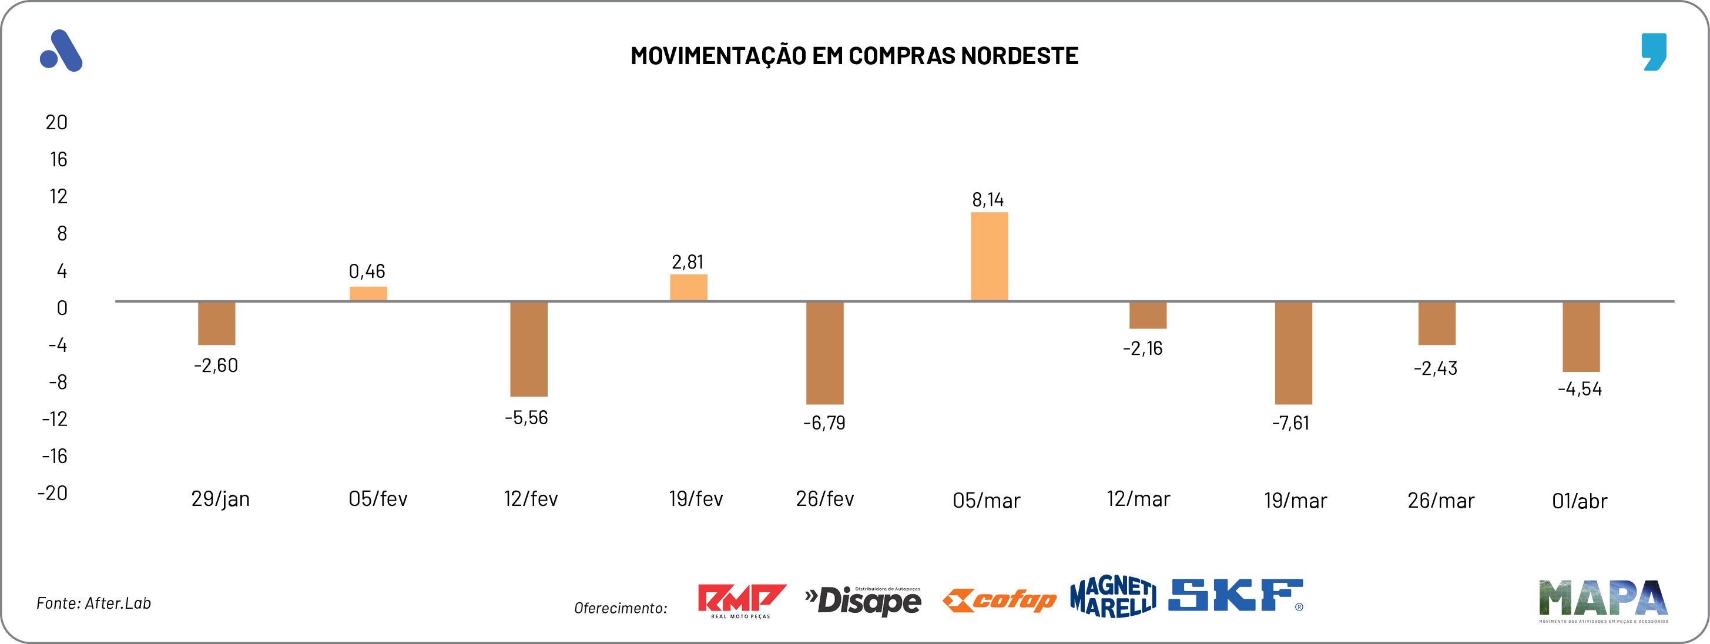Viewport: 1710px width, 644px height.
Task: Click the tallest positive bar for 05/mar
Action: pyautogui.click(x=989, y=256)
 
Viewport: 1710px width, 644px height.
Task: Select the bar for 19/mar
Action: pyautogui.click(x=1293, y=353)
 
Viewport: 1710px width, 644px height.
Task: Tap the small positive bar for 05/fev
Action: pyautogui.click(x=368, y=293)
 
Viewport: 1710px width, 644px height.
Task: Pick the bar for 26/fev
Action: pyautogui.click(x=824, y=353)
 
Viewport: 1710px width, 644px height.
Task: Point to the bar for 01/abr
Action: pyautogui.click(x=1581, y=337)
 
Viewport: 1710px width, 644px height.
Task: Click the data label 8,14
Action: pyautogui.click(x=988, y=200)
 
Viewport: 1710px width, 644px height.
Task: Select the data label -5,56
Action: pyautogui.click(x=527, y=418)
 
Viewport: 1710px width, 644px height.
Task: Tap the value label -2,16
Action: pyautogui.click(x=1142, y=348)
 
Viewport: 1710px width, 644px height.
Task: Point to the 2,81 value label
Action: pyautogui.click(x=687, y=262)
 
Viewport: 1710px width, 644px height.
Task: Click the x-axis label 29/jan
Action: pyautogui.click(x=220, y=499)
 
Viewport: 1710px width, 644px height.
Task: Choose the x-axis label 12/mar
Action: pyautogui.click(x=1138, y=499)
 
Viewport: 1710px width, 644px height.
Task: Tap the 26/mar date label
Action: pyautogui.click(x=1440, y=501)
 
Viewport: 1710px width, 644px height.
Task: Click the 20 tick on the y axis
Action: pyautogui.click(x=56, y=122)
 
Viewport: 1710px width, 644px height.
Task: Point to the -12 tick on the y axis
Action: pyautogui.click(x=55, y=419)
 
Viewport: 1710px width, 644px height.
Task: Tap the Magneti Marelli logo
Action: pyautogui.click(x=1112, y=596)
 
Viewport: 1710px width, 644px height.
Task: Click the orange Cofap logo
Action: pyautogui.click(x=999, y=600)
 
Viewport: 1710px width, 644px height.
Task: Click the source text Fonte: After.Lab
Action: pyautogui.click(x=93, y=603)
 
